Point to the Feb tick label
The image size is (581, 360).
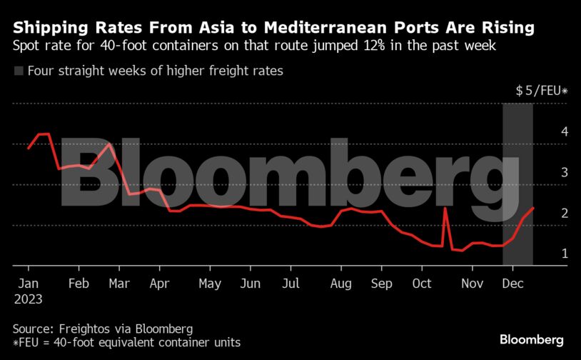click(x=78, y=284)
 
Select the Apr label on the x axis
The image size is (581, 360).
click(x=158, y=284)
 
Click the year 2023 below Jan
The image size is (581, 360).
click(x=28, y=299)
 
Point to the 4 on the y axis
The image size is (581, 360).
click(x=564, y=132)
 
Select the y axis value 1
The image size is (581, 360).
click(x=564, y=254)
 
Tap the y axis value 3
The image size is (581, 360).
click(x=564, y=173)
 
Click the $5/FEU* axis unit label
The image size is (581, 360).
click(x=541, y=91)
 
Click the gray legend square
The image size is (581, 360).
click(x=19, y=71)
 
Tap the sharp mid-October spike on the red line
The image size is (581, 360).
click(x=445, y=209)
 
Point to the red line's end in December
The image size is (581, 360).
click(x=534, y=208)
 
